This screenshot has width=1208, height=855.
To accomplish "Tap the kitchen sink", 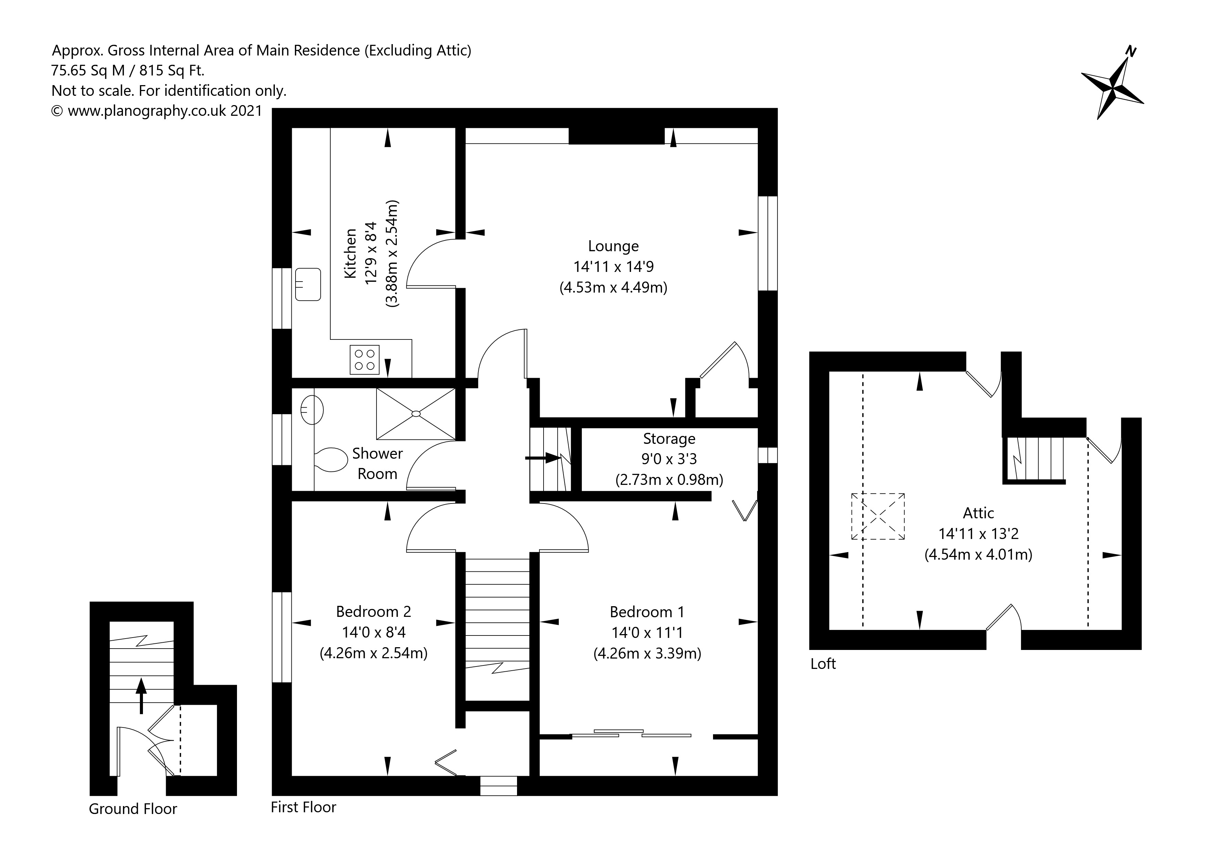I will coord(308,284).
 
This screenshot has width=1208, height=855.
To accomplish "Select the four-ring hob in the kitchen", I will coord(364,359).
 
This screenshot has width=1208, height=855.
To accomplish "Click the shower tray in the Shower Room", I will coord(416,414).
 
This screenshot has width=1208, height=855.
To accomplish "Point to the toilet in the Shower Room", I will coord(331,460).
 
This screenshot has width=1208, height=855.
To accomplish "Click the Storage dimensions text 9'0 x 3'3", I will coord(669,459).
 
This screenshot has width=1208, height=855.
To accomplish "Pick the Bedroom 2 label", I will coord(373,611).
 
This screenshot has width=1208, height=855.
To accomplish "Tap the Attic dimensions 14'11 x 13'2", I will coord(978,534).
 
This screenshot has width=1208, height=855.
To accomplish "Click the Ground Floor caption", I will coord(133,809).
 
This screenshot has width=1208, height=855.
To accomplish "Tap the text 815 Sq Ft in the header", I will coord(172,71).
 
